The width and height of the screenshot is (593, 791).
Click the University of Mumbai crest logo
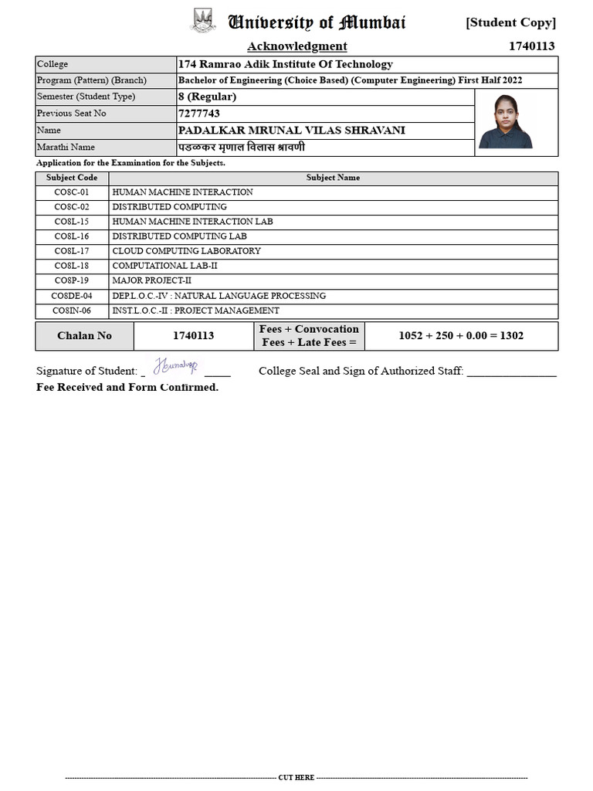click(204, 21)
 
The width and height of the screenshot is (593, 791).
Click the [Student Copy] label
click(510, 22)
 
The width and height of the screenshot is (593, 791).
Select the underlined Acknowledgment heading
click(296, 46)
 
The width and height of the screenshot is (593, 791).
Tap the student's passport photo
click(506, 121)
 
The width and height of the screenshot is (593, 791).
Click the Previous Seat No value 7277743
click(199, 114)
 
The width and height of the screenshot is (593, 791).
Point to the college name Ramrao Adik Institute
click(285, 64)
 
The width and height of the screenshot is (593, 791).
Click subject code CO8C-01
click(71, 192)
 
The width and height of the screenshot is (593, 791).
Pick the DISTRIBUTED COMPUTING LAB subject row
click(179, 236)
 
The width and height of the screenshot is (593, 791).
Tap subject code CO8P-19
click(71, 280)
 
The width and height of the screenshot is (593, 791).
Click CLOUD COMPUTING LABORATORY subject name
click(186, 251)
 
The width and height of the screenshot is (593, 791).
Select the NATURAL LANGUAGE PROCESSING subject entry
click(219, 296)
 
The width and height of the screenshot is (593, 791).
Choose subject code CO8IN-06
click(71, 311)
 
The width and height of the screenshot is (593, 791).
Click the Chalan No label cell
click(84, 336)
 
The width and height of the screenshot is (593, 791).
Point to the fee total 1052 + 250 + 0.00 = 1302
click(460, 336)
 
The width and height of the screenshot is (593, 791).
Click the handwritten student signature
click(175, 365)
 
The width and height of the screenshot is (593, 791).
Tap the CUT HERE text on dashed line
click(296, 778)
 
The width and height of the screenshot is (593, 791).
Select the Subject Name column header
click(333, 178)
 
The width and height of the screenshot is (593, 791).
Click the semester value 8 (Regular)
click(207, 97)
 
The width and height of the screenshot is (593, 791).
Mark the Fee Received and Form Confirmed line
click(127, 387)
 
